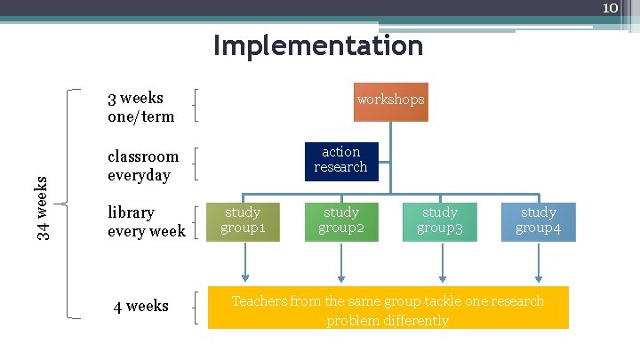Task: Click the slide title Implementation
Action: click(x=318, y=45)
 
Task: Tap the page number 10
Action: click(x=610, y=8)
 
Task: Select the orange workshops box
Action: click(x=391, y=100)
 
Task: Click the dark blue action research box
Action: click(x=340, y=160)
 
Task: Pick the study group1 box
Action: click(x=243, y=220)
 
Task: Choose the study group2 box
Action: click(x=341, y=220)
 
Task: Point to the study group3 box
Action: click(x=440, y=220)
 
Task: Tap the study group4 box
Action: click(x=539, y=220)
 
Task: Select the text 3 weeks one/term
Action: click(x=140, y=107)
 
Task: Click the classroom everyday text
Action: click(x=143, y=165)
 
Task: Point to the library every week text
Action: click(x=147, y=221)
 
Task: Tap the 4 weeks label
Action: click(x=140, y=307)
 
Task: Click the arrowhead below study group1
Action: click(x=245, y=276)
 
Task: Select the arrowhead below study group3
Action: click(x=441, y=276)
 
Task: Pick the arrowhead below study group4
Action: click(x=538, y=276)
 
